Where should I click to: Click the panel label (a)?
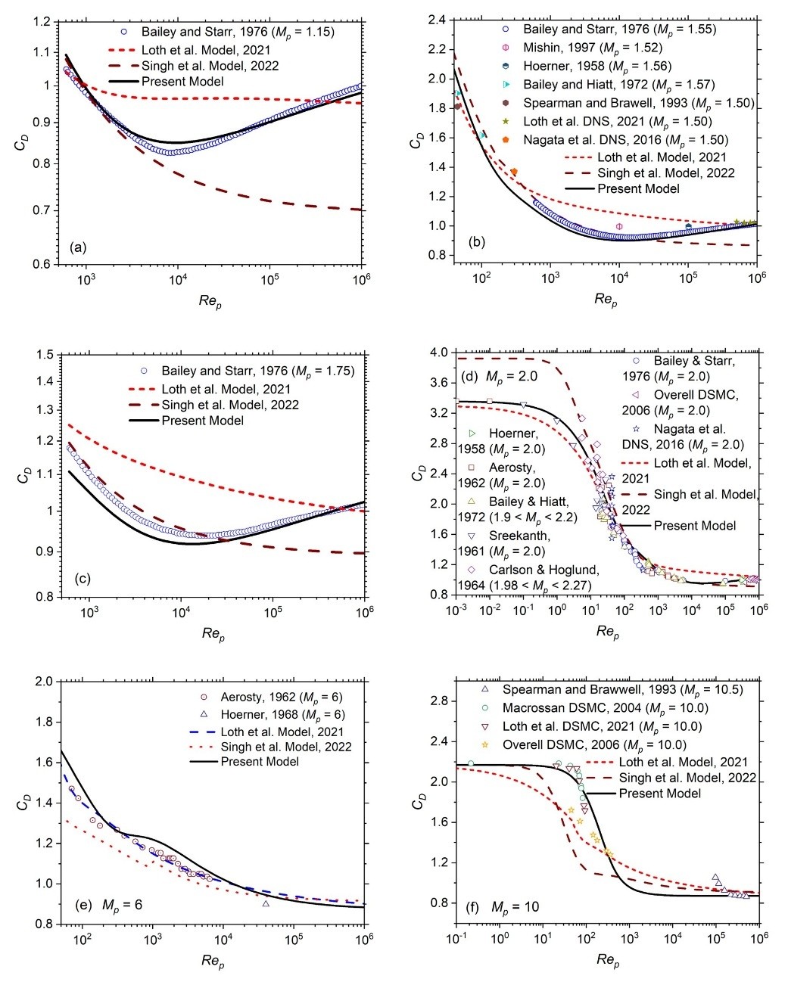(x=77, y=247)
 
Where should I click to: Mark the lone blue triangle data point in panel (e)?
(x=266, y=903)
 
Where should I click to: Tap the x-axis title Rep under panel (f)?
(x=606, y=961)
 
